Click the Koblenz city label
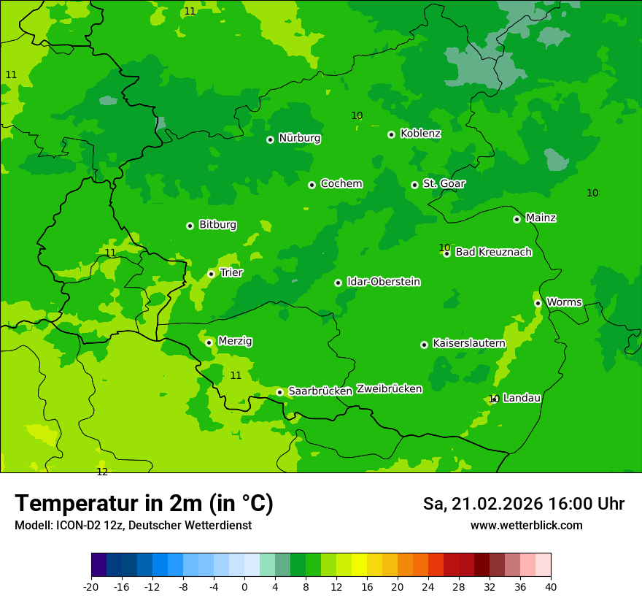420,134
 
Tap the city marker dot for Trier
211,274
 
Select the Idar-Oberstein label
384,282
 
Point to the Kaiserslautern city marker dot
424,345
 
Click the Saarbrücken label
320,391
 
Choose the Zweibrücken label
389,389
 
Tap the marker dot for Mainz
517,219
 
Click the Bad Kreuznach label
493,252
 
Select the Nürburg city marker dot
270,139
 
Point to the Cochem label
341,184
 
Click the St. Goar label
444,184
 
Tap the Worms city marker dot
538,303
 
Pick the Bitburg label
217,225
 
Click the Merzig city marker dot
209,342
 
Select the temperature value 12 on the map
102,472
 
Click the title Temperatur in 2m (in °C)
144,504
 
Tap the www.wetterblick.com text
526,526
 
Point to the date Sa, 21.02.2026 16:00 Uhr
523,504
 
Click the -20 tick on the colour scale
91,586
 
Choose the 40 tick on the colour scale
551,586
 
